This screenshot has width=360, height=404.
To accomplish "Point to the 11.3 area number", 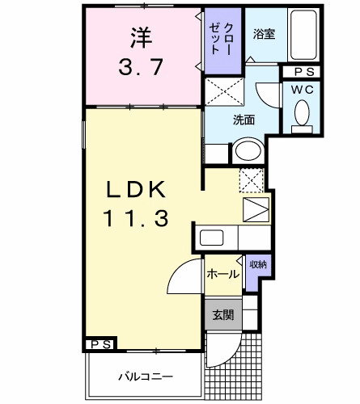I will (136, 217).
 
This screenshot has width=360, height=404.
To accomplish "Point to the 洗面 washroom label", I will (244, 120).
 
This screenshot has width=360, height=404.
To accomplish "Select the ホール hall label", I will (222, 274).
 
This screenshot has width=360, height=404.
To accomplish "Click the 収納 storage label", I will (258, 264).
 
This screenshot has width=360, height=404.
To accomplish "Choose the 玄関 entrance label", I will (223, 315).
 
